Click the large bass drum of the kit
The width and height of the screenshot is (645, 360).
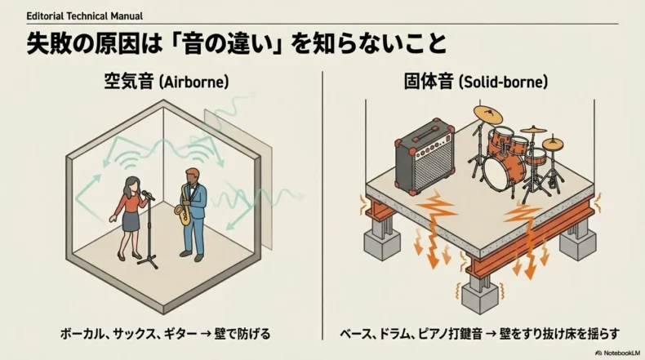coord(497,172)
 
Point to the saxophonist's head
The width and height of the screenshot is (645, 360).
coord(190,176)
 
